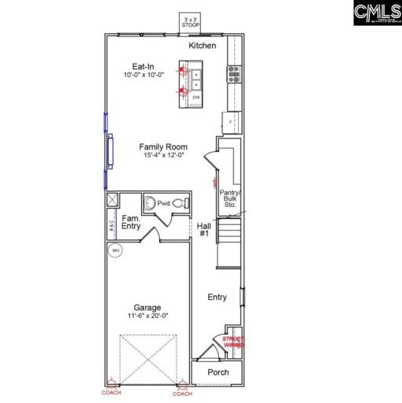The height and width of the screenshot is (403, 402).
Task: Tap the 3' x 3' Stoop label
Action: (190, 23)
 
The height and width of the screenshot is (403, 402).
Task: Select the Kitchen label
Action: (202, 46)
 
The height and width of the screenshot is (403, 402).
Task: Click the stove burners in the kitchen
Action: (233, 73)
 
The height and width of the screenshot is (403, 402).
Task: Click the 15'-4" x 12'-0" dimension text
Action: (163, 155)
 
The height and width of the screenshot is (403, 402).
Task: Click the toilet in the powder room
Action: (179, 203)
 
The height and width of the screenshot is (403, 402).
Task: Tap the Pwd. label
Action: (163, 203)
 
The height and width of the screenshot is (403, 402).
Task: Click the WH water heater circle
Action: (116, 250)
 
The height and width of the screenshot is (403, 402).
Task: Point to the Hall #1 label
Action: (203, 230)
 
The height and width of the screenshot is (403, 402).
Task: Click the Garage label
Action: (147, 308)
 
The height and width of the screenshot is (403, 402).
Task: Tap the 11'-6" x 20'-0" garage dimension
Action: (147, 316)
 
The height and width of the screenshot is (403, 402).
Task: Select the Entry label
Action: (217, 297)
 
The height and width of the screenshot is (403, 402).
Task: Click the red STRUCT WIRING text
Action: (233, 342)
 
